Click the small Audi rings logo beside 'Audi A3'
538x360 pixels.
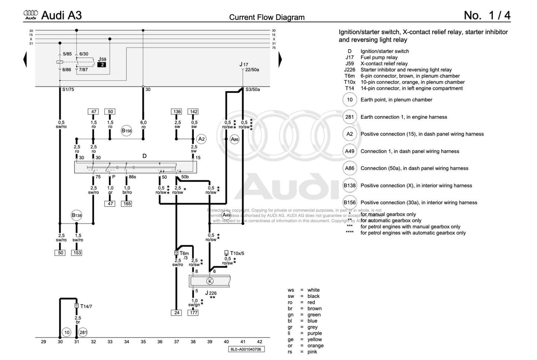[x=31, y=15]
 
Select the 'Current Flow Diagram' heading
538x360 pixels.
[x=267, y=17]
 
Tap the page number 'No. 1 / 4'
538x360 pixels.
[x=487, y=15]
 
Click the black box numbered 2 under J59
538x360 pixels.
[x=102, y=65]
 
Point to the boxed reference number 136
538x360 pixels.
[x=177, y=112]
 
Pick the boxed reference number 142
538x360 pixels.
[x=194, y=112]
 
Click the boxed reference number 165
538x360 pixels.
[x=127, y=204]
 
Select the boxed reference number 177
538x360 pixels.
[x=194, y=313]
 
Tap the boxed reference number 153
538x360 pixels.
[x=77, y=253]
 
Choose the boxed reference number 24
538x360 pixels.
[x=177, y=313]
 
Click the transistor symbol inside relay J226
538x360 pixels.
[x=210, y=281]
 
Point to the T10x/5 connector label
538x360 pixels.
[x=237, y=254]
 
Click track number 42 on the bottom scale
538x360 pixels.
[x=260, y=342]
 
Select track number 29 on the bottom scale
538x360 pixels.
[x=44, y=342]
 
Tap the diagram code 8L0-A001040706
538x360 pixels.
[x=246, y=350]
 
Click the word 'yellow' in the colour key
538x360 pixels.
[x=315, y=340]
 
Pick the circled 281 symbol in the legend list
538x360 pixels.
[x=350, y=117]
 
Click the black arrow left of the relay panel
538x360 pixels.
[x=25, y=60]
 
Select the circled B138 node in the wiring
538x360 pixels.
[x=77, y=215]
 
